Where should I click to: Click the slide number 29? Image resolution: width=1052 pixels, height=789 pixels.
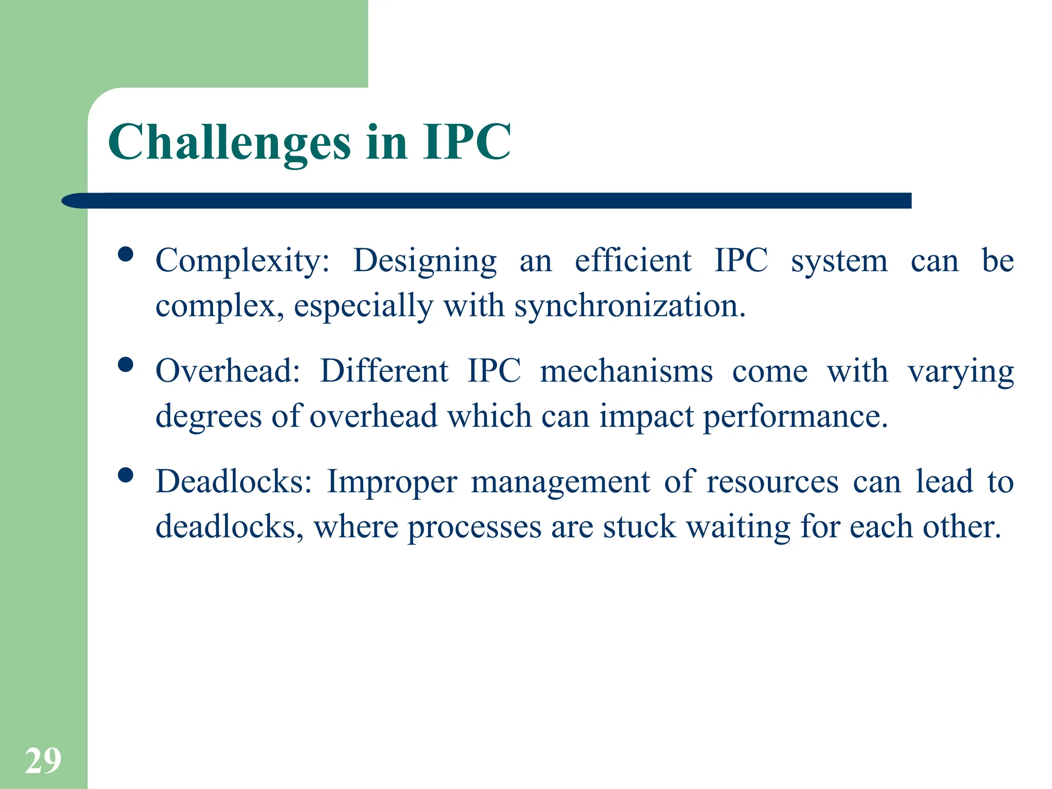(43, 761)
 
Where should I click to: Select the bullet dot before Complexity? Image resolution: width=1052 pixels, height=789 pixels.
(125, 254)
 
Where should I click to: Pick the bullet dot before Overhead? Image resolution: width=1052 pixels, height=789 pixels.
(125, 365)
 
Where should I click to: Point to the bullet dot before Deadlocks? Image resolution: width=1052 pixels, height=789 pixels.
(125, 475)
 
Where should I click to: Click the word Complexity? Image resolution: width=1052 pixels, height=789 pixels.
(242, 261)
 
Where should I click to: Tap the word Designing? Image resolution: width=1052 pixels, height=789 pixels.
(425, 261)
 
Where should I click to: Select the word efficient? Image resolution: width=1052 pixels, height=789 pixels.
(633, 260)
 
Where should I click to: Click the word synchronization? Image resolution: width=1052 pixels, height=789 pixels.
(629, 306)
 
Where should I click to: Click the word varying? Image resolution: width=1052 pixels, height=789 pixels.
(961, 372)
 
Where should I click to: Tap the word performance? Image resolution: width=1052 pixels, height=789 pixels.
(795, 417)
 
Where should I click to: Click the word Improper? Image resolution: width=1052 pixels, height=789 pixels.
(392, 482)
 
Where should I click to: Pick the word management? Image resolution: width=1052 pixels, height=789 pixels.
(560, 482)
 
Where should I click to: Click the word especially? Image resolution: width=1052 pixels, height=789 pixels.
(363, 306)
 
